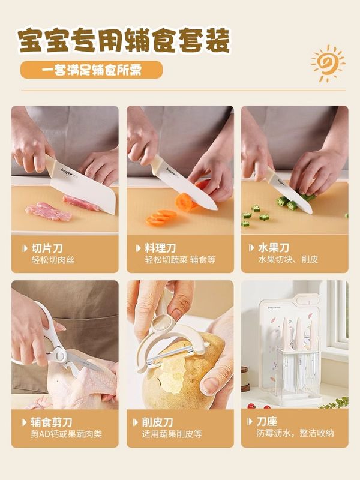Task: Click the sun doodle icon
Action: (327, 64)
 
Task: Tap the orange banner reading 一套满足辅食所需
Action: (91, 70)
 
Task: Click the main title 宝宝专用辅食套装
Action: (124, 40)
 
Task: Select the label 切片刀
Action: (47, 248)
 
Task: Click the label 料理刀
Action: (160, 248)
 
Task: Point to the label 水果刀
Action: (274, 248)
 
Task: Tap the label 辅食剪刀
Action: (52, 422)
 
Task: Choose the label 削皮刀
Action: (157, 422)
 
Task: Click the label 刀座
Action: (266, 422)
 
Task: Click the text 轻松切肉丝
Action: (53, 260)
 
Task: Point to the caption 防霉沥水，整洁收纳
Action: (295, 433)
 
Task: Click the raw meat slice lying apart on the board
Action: (49, 212)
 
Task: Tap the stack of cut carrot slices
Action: (161, 217)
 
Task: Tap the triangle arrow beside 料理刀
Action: (138, 248)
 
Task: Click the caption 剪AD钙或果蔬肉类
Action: (66, 434)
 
